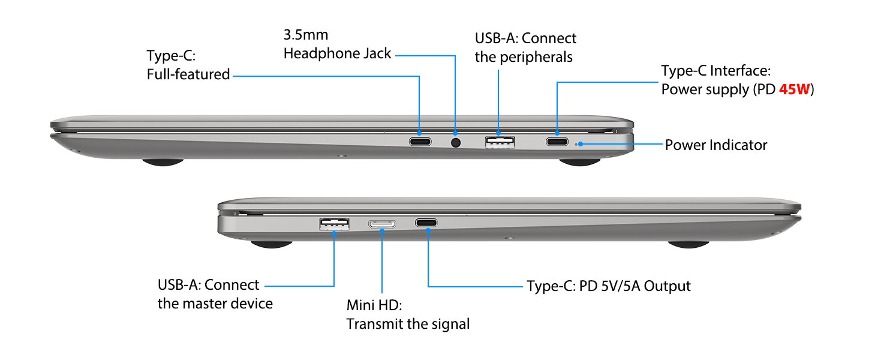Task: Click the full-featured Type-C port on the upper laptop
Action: click(x=420, y=142)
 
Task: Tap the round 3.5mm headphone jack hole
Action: click(x=456, y=143)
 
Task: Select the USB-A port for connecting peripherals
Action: click(x=500, y=142)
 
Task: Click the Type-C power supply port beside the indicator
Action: click(x=557, y=142)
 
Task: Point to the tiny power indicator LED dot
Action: click(x=578, y=144)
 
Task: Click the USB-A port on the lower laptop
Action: click(x=334, y=224)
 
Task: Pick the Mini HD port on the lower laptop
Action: click(x=382, y=224)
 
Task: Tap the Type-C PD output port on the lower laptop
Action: click(x=426, y=223)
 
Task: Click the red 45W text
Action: click(x=794, y=89)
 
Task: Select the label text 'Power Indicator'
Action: click(x=716, y=145)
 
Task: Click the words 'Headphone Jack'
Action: click(x=337, y=53)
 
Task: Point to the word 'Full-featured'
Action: click(x=188, y=74)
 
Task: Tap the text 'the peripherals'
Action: click(x=524, y=57)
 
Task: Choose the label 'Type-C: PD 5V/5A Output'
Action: click(x=609, y=286)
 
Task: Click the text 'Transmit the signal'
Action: click(x=408, y=324)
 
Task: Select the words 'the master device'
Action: click(x=215, y=304)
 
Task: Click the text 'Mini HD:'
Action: click(x=374, y=305)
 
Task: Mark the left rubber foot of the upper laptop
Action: click(x=163, y=161)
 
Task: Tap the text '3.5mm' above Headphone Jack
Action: click(x=306, y=35)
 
